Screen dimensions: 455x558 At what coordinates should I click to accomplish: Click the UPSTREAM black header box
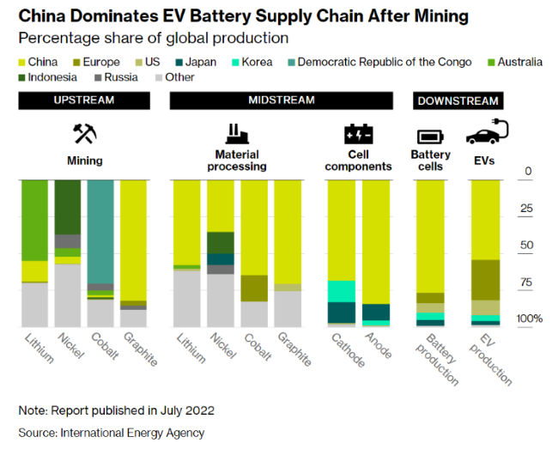(x=84, y=100)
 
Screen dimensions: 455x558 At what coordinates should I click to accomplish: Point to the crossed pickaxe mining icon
(x=84, y=134)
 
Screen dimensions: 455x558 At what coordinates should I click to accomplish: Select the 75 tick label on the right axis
(x=525, y=282)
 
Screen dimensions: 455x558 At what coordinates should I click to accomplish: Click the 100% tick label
(x=530, y=319)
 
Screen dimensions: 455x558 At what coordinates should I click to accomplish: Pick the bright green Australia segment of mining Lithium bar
(x=34, y=219)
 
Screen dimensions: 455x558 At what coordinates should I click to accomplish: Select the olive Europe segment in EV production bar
(x=486, y=280)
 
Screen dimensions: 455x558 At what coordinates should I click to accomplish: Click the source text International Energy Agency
(x=132, y=433)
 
